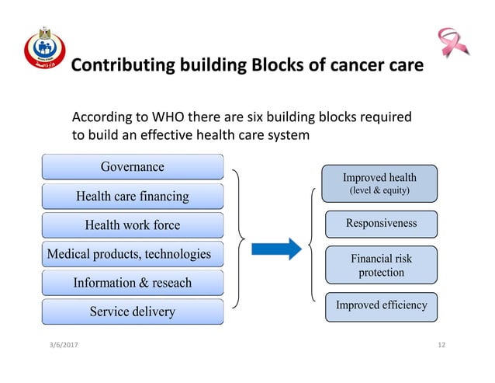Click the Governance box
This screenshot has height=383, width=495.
point(132,167)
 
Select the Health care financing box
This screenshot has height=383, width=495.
point(132,197)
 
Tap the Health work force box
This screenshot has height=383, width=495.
point(132,225)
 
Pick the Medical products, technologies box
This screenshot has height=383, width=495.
point(130,254)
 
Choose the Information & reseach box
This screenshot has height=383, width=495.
point(132,283)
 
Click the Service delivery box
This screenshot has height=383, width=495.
point(132,312)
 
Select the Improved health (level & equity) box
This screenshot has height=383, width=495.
point(379,183)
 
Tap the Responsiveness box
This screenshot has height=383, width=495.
point(381,224)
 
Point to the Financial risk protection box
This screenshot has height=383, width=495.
point(381,265)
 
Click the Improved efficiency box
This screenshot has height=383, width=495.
point(381,305)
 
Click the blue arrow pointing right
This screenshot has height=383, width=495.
point(277,249)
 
